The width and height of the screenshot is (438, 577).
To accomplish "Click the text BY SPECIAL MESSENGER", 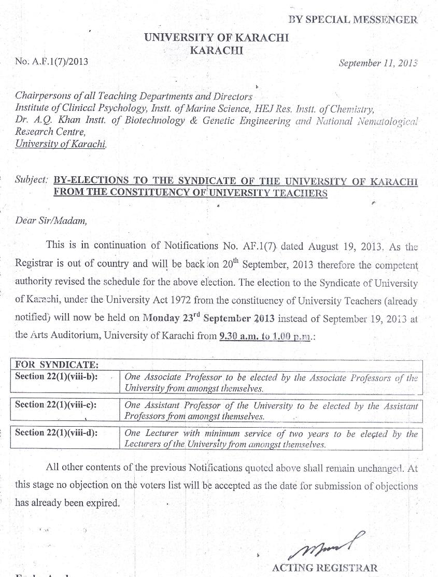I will coord(352,20).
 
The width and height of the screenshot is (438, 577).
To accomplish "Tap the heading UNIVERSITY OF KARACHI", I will coord(216,37).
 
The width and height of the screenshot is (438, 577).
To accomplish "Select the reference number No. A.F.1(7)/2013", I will coord(52,61).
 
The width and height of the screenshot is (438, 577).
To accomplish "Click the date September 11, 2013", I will coord(378,63).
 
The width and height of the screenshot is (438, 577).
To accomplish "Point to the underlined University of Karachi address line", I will coord(61,144).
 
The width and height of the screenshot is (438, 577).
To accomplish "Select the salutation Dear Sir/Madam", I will coord(51,220).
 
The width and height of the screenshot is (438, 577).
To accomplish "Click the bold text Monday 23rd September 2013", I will coord(208,318).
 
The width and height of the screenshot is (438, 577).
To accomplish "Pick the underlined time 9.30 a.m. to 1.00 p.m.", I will coord(264,335).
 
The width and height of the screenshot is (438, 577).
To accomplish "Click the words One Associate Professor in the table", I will coord(173,377).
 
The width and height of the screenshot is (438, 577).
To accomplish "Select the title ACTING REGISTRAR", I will coord(325,568).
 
